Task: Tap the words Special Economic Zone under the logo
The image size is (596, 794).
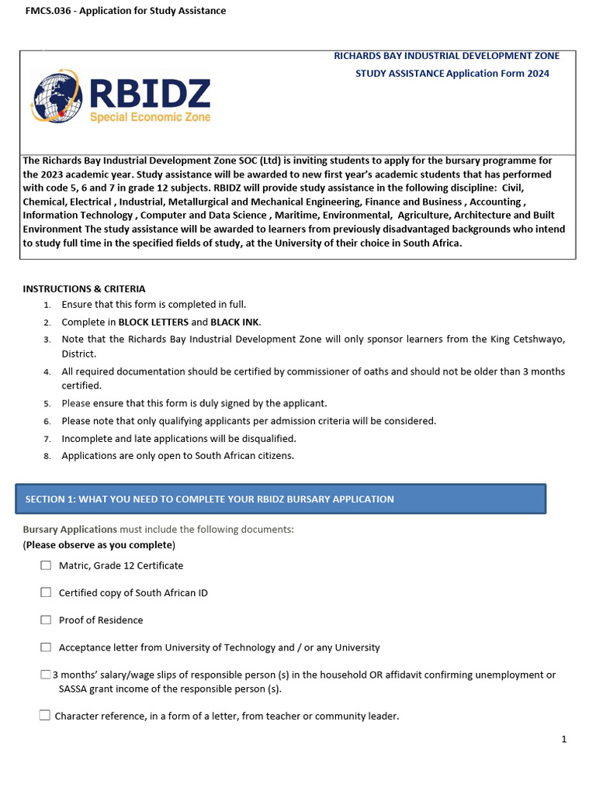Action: (151, 118)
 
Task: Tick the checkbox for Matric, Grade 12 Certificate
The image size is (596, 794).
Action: (46, 565)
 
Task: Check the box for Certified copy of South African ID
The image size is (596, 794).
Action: (46, 592)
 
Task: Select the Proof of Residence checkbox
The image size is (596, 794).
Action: (46, 620)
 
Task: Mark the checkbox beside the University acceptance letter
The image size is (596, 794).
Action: (46, 647)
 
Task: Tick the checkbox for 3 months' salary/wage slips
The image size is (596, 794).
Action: (45, 675)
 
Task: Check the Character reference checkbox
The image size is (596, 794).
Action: (45, 715)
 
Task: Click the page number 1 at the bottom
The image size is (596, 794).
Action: (564, 739)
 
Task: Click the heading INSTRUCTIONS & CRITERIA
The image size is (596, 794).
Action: (84, 288)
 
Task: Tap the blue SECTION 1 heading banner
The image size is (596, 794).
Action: (281, 499)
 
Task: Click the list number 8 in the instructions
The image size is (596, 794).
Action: (47, 456)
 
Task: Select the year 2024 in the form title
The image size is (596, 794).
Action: (537, 73)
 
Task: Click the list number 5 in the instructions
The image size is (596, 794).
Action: (47, 404)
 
